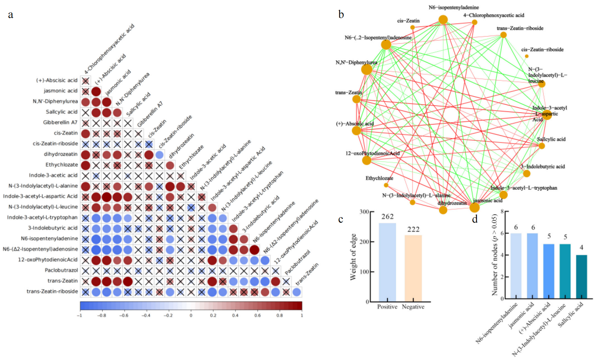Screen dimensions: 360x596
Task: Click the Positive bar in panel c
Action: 387,262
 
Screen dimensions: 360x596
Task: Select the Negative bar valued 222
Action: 413,268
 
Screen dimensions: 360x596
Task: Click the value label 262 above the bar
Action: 387,217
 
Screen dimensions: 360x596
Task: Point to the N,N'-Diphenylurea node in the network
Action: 366,69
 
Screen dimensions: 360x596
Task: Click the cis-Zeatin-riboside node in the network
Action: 527,56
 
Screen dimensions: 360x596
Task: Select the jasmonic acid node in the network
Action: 474,208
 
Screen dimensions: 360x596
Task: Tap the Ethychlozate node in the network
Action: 386,185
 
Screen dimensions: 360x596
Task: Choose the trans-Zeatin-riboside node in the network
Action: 503,35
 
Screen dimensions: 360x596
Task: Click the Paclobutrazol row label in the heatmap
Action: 61,270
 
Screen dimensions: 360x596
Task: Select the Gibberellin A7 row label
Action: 60,122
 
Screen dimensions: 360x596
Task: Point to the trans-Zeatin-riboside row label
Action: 52,291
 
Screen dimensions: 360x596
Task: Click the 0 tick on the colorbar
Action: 191,315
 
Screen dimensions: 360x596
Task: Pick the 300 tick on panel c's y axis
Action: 364,212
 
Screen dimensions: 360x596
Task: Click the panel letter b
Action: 341,15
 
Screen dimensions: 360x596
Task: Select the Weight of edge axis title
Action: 353,257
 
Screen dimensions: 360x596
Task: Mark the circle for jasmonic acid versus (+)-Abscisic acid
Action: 96,91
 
